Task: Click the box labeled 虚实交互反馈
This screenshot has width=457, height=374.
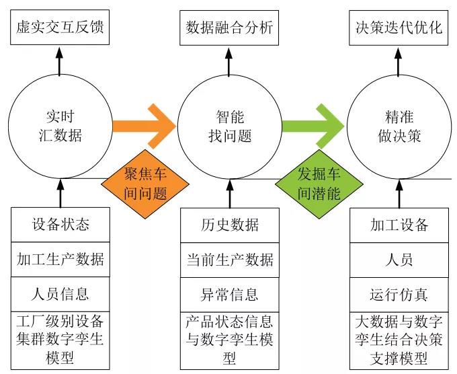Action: point(60,28)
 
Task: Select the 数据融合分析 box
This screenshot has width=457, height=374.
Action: point(230,28)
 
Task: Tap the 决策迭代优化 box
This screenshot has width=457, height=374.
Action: point(399,28)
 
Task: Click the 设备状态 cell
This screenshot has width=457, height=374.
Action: point(60,225)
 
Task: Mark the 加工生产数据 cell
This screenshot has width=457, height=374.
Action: point(60,259)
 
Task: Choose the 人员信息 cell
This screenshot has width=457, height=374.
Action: point(60,294)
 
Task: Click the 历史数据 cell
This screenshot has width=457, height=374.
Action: point(230,225)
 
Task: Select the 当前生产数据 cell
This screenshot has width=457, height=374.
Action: point(230,259)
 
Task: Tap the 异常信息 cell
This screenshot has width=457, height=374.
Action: point(230,294)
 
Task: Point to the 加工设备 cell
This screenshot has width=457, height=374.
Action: point(399,225)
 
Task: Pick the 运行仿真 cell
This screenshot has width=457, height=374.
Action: point(399,294)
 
